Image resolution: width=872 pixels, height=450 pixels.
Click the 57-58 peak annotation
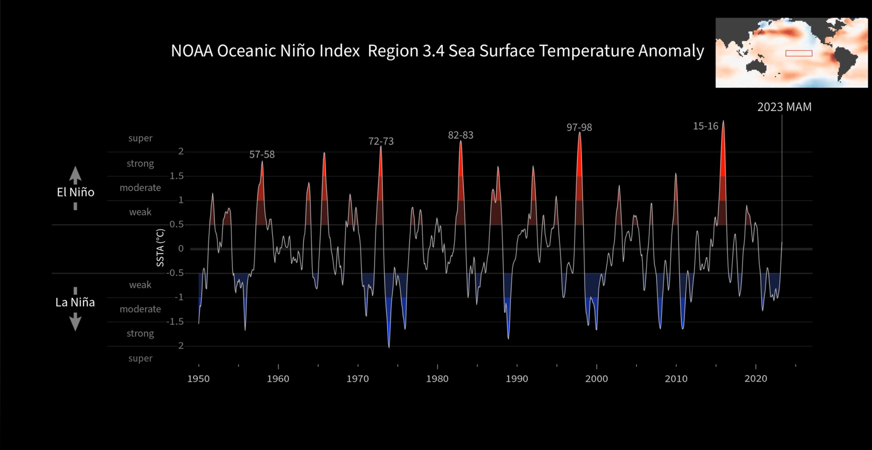point(262,154)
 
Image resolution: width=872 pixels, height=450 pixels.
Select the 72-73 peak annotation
point(381,141)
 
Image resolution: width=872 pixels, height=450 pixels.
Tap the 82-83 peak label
point(461,135)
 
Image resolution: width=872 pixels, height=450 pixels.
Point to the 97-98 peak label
point(579,128)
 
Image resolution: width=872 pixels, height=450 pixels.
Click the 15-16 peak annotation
point(705,126)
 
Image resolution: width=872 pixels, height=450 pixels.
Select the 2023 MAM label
point(784,107)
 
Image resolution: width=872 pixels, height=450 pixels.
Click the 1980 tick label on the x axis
point(437,379)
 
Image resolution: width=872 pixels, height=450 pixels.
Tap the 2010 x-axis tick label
point(676,379)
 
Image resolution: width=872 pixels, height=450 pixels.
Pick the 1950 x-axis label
point(198,379)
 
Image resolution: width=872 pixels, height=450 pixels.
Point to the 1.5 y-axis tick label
point(177,176)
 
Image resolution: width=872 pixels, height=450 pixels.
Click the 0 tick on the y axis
point(181,249)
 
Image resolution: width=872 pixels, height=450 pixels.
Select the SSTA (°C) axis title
point(160,248)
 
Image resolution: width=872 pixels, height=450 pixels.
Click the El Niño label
point(76,192)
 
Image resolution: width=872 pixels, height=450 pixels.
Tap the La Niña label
point(75,302)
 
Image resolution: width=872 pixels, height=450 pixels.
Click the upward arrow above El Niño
point(75,175)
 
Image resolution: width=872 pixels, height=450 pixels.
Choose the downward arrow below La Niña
point(75,322)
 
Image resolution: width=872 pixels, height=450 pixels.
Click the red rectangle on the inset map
point(799,53)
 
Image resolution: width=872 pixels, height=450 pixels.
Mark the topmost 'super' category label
point(140,138)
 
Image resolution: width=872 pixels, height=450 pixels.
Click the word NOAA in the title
point(192,51)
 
